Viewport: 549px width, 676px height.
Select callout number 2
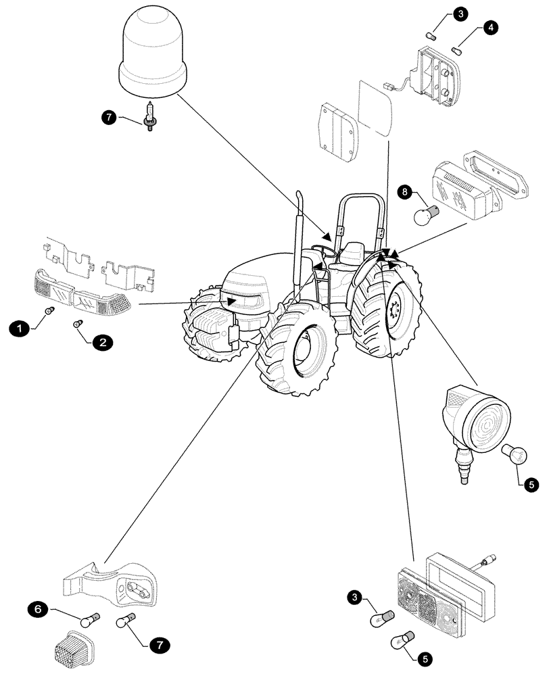tap(102, 343)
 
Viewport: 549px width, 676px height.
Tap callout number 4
tap(490, 28)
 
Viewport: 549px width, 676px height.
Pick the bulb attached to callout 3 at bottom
tap(380, 601)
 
